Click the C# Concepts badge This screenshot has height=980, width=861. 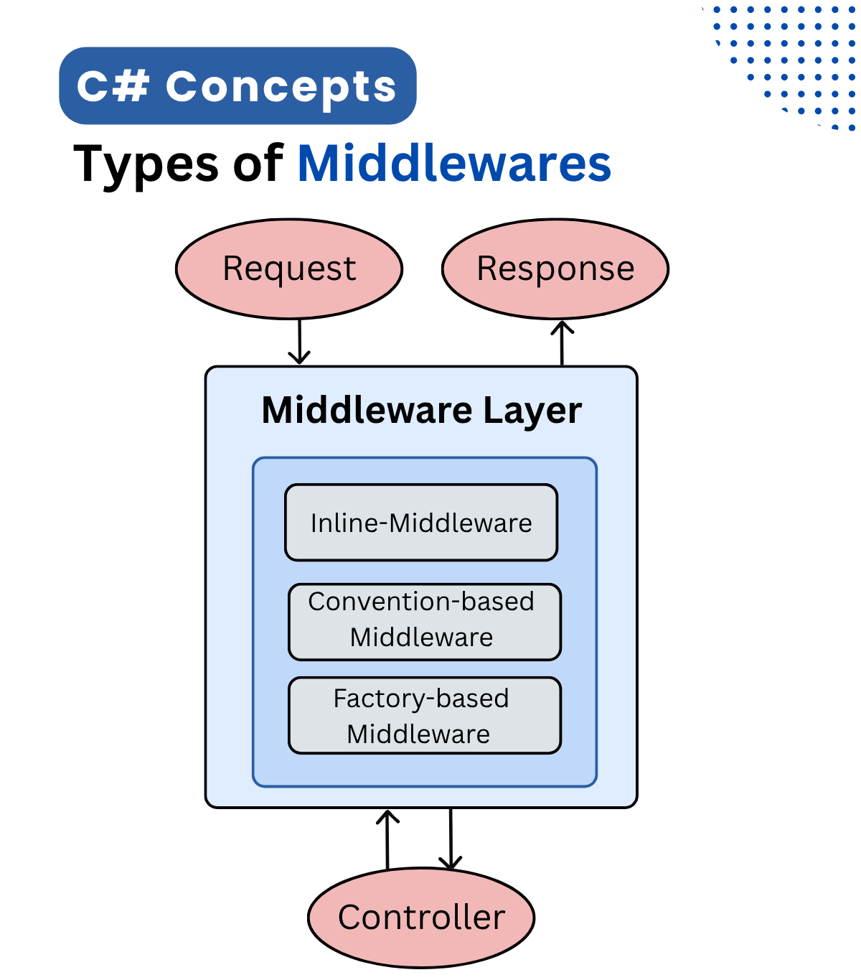[x=237, y=86]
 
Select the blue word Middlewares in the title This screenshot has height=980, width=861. [x=454, y=164]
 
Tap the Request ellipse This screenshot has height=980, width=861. [x=289, y=269]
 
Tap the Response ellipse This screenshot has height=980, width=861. [x=555, y=269]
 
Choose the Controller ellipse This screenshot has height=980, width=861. [x=421, y=918]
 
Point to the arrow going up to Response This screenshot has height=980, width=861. [x=562, y=343]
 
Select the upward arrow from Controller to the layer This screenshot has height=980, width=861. [x=387, y=839]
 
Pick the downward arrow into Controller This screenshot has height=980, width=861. [x=451, y=839]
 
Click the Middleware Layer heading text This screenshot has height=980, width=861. [x=421, y=411]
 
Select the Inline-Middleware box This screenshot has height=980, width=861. [x=421, y=523]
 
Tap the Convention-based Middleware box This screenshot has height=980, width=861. [x=424, y=622]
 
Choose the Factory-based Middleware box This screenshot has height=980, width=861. [x=424, y=715]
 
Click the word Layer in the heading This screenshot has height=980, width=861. [x=532, y=411]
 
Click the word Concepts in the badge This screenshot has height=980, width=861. [x=281, y=86]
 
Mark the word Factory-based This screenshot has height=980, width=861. [x=421, y=699]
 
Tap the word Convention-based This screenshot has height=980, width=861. [x=421, y=602]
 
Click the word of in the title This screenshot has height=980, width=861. [x=258, y=164]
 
